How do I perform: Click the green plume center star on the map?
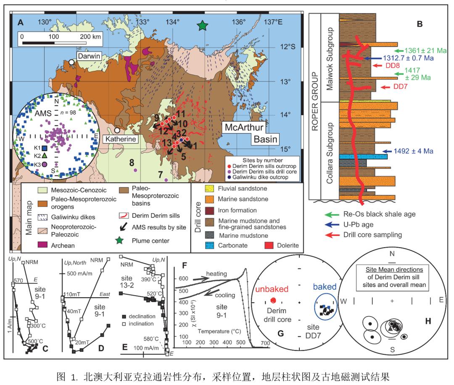pos(203,26)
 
